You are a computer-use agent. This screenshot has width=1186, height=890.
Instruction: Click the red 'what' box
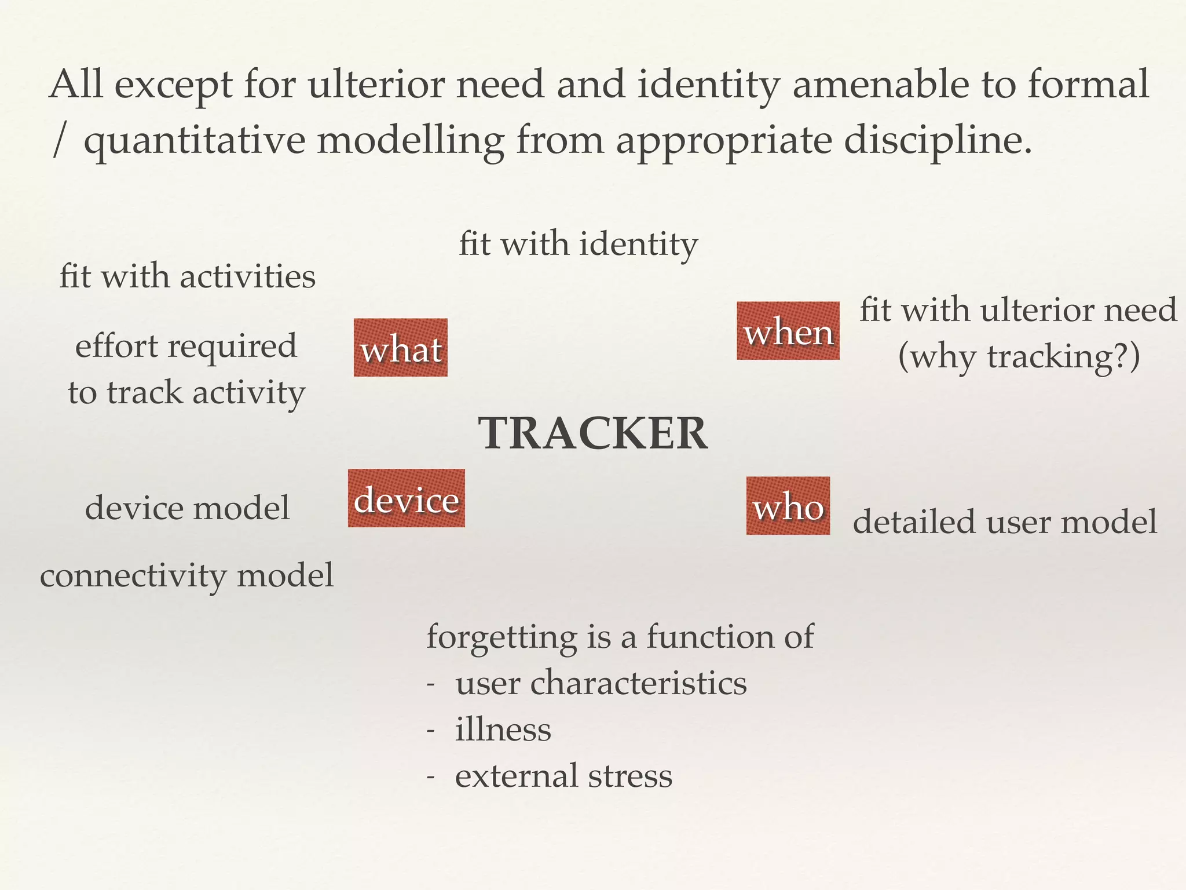pos(401,348)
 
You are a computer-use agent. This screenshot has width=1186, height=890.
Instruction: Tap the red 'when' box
pos(788,331)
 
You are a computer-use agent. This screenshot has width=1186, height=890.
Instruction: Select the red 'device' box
pos(407,498)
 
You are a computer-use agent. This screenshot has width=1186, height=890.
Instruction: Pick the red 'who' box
pos(788,506)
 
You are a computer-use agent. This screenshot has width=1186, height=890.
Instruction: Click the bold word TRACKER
pos(593,433)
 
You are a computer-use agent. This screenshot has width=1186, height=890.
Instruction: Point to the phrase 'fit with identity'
pos(578,244)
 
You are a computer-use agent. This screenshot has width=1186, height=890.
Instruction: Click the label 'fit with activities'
pos(188,276)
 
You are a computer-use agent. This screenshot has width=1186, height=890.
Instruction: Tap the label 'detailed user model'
pos(1005,521)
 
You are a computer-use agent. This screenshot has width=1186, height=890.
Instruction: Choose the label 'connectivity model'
pos(187,576)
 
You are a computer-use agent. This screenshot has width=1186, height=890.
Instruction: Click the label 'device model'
pos(188,508)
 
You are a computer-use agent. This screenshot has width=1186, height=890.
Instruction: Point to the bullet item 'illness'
pos(503,729)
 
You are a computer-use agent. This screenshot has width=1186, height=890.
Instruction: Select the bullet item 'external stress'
pos(563,776)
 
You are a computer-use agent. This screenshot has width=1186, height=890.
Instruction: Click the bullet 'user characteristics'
pos(601,683)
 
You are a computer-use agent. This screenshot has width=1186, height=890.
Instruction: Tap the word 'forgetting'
pos(502,637)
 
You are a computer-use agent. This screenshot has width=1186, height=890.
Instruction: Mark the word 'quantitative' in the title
pos(195,140)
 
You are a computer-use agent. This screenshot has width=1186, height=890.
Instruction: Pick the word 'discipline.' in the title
pos(938,140)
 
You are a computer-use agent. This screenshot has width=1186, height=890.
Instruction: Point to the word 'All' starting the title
pos(76,85)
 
